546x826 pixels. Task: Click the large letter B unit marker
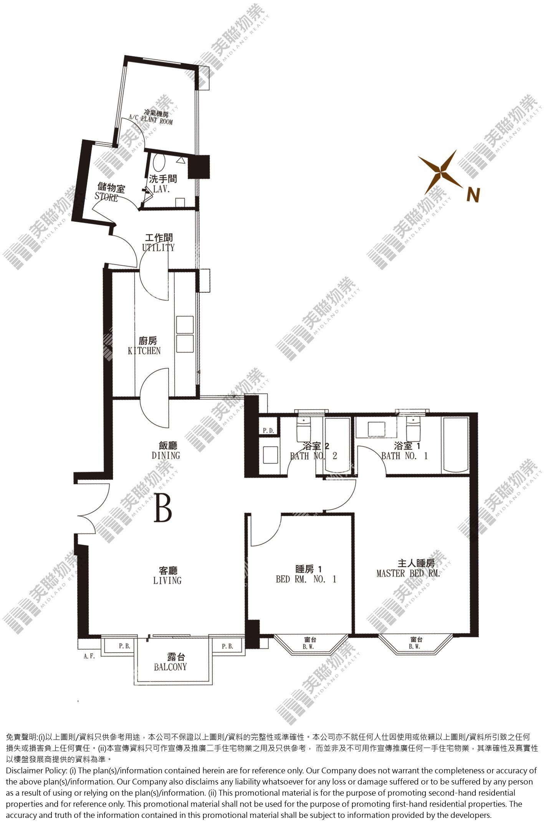coord(163,507)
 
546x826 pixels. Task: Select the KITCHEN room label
coord(144,351)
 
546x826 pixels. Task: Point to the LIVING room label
coord(167,580)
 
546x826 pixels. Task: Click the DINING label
coord(165,455)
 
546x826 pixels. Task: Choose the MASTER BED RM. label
coord(408,573)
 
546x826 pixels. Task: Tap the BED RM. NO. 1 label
coord(306,579)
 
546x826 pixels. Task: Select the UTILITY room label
coord(158,248)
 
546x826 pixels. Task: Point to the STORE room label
coord(106,198)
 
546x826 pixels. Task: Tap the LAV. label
coord(161,189)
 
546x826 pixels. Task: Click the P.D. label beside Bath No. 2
coord(268,431)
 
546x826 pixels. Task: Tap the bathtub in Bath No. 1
coord(456,445)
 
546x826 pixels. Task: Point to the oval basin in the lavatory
coord(159,163)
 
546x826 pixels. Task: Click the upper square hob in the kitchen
coord(185,325)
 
